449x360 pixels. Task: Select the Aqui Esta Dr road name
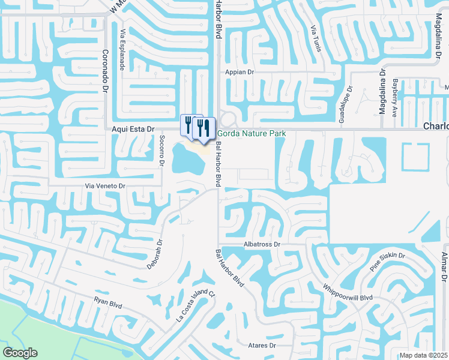133,129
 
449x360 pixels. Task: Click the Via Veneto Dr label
105,186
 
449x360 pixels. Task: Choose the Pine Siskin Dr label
387,263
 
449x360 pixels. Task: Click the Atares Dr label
261,346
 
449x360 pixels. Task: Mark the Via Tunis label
315,38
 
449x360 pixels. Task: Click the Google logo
20,353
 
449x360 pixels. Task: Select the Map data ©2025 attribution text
423,355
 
